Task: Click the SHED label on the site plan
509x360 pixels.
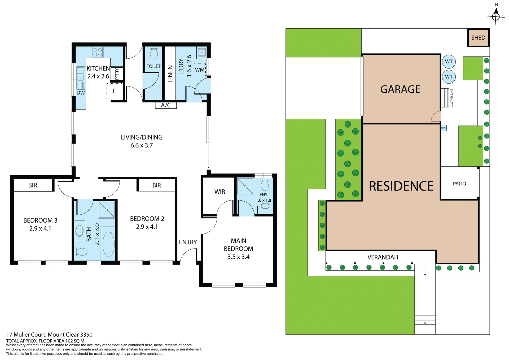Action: click(478, 38)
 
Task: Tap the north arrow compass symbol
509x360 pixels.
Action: click(496, 16)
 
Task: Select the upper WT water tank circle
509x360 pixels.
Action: click(449, 62)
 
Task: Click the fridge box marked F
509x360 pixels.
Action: click(115, 91)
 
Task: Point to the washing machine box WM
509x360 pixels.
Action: click(200, 70)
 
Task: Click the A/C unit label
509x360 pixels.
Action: click(166, 105)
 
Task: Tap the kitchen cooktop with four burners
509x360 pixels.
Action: click(98, 52)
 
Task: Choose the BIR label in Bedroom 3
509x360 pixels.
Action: click(33, 185)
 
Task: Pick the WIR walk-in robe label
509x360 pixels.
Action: click(220, 192)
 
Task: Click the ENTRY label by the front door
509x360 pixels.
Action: click(188, 242)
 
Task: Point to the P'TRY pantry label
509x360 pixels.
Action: click(117, 74)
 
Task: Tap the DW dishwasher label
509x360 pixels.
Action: click(81, 93)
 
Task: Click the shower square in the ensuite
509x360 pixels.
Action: click(245, 186)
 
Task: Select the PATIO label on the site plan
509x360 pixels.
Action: click(459, 184)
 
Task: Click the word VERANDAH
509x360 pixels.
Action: click(383, 257)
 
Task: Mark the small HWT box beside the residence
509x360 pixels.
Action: click(444, 128)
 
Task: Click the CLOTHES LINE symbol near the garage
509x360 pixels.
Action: click(445, 98)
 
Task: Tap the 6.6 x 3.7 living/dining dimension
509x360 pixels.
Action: click(142, 145)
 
